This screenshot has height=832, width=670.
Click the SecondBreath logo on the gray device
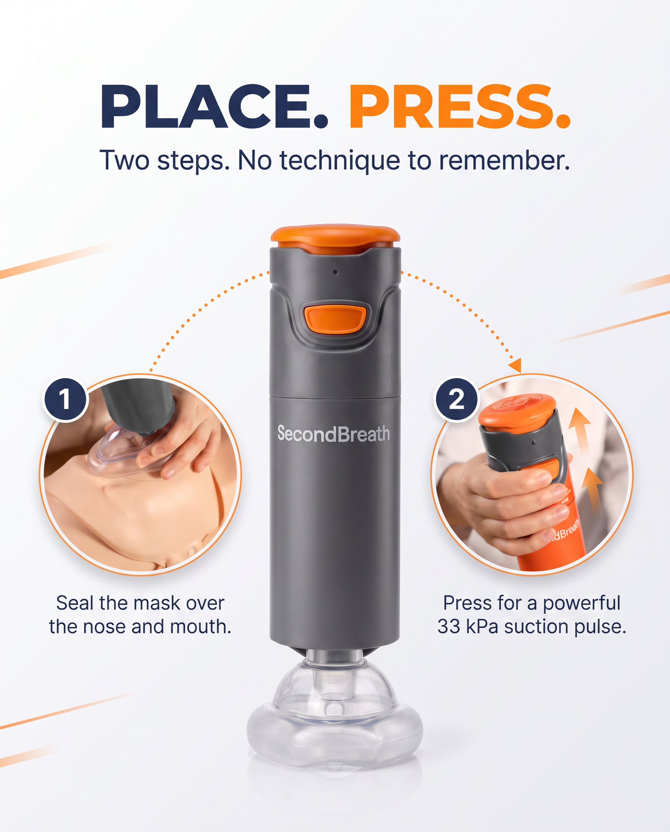334,433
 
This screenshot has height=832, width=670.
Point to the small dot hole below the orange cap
335,272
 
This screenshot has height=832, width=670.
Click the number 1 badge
65,399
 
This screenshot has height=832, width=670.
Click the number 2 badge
457,399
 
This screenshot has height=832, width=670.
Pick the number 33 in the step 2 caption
448,627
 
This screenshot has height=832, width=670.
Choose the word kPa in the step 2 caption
482,627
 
